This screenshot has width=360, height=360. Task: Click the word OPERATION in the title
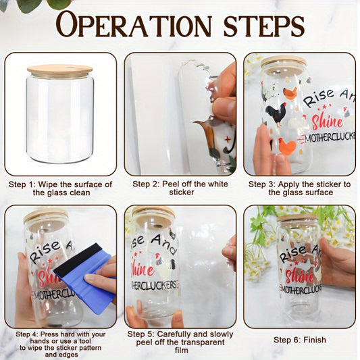coord(134,24)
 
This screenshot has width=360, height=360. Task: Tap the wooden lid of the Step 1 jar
coord(59,70)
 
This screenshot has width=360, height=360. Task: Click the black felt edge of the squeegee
coord(79,260)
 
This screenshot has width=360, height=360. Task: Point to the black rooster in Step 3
coord(276,114)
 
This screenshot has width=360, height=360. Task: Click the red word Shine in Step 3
coord(327,122)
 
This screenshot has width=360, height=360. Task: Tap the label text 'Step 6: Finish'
coord(300,340)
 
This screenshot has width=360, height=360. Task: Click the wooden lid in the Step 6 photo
coord(297,218)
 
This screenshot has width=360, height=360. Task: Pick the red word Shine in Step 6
coord(300,275)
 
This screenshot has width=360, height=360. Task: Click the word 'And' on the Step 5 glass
coord(164,244)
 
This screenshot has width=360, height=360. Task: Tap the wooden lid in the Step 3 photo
coord(284,63)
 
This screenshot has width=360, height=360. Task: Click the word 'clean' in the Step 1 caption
coord(80,192)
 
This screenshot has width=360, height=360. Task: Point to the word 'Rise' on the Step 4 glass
coord(45,252)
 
